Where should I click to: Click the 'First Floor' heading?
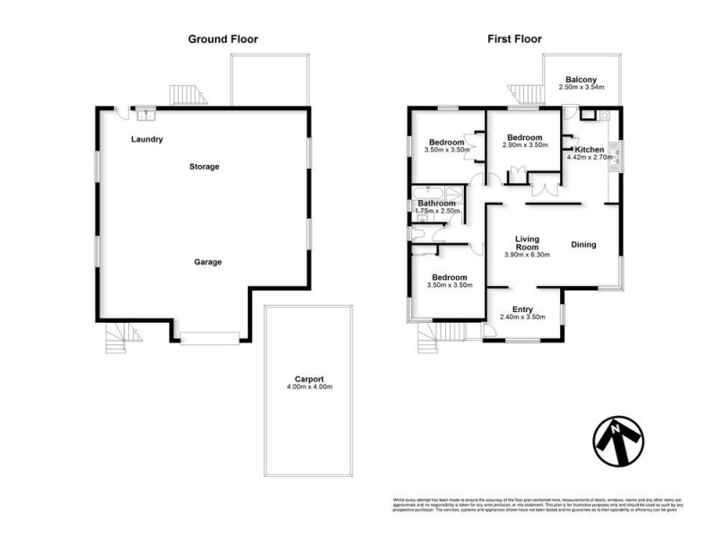(515, 39)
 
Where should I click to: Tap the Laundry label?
(146, 139)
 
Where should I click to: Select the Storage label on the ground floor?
(204, 167)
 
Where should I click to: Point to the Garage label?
(207, 262)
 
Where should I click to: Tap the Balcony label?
(582, 79)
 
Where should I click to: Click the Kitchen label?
(590, 149)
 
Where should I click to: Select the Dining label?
(583, 244)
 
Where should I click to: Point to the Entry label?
(522, 308)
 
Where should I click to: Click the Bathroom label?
(437, 204)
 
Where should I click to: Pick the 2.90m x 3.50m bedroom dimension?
(525, 145)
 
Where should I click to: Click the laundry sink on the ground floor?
(144, 113)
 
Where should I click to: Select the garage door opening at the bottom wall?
(210, 337)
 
